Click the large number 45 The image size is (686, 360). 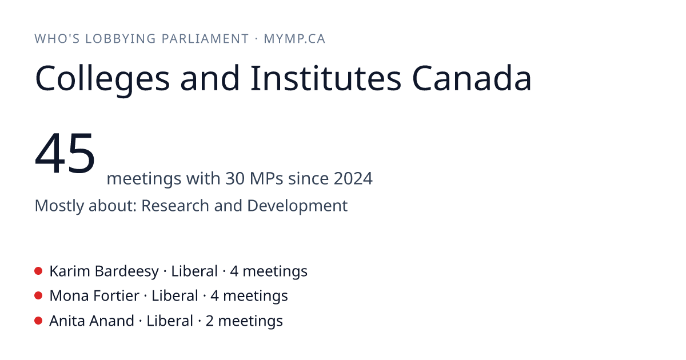pyautogui.click(x=65, y=153)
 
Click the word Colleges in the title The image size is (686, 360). pyautogui.click(x=102, y=79)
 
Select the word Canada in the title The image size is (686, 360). pyautogui.click(x=472, y=78)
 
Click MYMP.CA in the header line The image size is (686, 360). pyautogui.click(x=294, y=39)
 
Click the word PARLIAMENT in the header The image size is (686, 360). pyautogui.click(x=205, y=39)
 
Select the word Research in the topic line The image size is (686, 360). pyautogui.click(x=175, y=205)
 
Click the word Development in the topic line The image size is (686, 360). pyautogui.click(x=297, y=206)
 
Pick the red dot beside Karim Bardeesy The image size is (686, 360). pyautogui.click(x=38, y=271)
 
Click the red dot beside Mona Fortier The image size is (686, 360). pyautogui.click(x=38, y=296)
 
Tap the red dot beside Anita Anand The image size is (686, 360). pyautogui.click(x=38, y=321)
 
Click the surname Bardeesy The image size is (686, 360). pyautogui.click(x=127, y=271)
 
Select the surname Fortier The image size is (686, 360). pyautogui.click(x=117, y=296)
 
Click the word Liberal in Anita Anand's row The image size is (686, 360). pyautogui.click(x=170, y=321)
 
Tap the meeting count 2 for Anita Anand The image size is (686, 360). pyautogui.click(x=209, y=321)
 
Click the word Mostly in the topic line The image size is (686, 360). pyautogui.click(x=59, y=206)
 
